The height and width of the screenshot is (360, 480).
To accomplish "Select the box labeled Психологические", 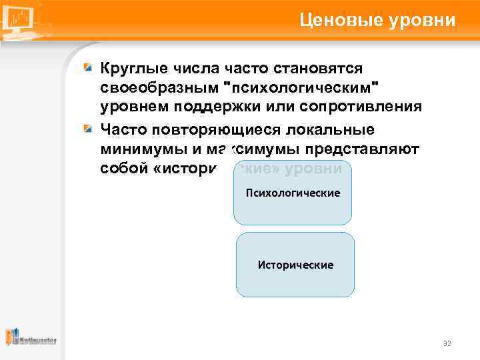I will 292,193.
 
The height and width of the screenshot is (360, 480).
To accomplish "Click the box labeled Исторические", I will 295,265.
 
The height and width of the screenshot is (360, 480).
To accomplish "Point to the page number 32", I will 447,343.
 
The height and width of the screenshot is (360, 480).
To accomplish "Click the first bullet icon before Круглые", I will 89,69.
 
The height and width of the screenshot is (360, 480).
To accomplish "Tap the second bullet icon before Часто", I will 89,129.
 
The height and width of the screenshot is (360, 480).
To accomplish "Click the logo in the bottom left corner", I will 31,337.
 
